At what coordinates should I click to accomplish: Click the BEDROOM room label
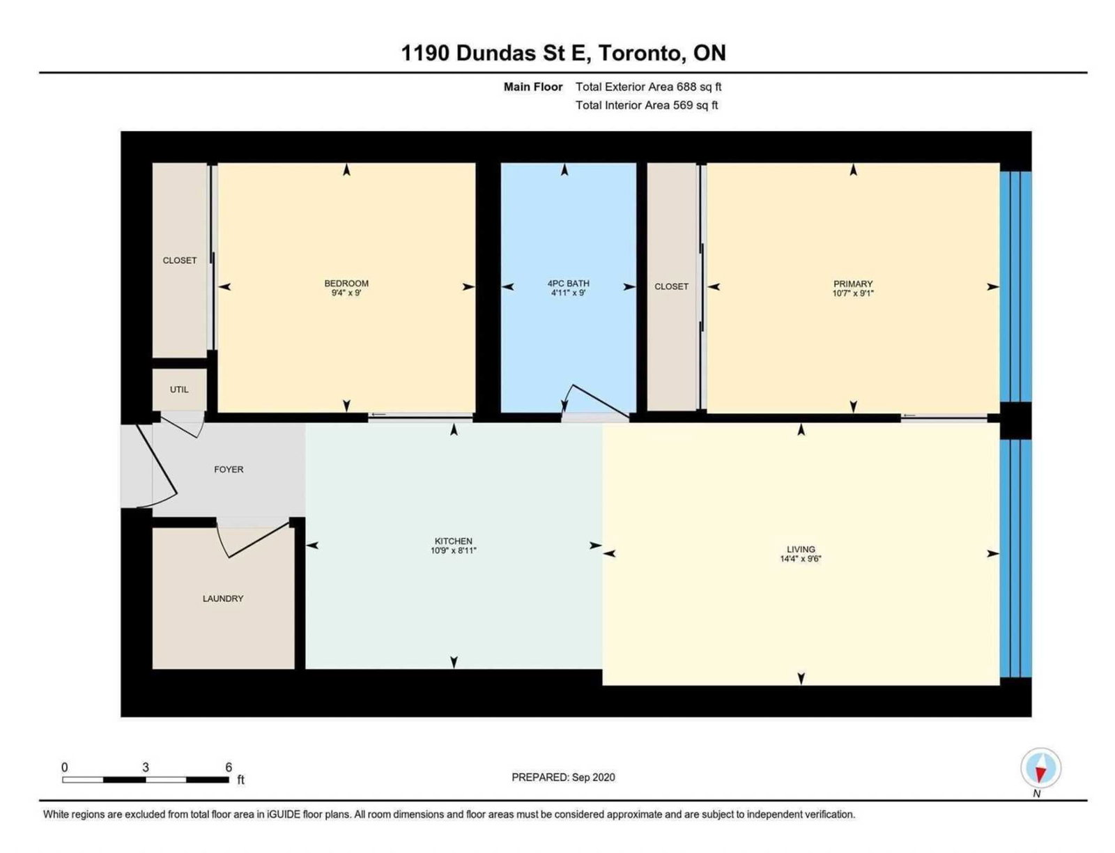[x=346, y=283]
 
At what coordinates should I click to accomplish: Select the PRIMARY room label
[x=852, y=284]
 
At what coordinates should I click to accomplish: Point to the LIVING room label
[x=801, y=549]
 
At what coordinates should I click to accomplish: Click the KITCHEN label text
[x=453, y=541]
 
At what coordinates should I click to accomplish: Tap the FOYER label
[x=229, y=470]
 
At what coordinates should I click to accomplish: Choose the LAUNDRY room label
[x=223, y=599]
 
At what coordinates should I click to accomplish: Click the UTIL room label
[x=179, y=390]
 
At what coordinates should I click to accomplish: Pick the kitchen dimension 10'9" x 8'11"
[x=453, y=551]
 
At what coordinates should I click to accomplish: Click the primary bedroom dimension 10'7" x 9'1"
[x=852, y=293]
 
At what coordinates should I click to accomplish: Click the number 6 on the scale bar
[x=228, y=767]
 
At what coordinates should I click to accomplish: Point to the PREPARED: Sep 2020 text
[x=563, y=777]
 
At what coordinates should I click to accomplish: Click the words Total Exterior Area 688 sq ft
[x=648, y=87]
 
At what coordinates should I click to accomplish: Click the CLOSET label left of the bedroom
[x=179, y=260]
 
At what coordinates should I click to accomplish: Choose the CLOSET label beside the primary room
[x=671, y=286]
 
